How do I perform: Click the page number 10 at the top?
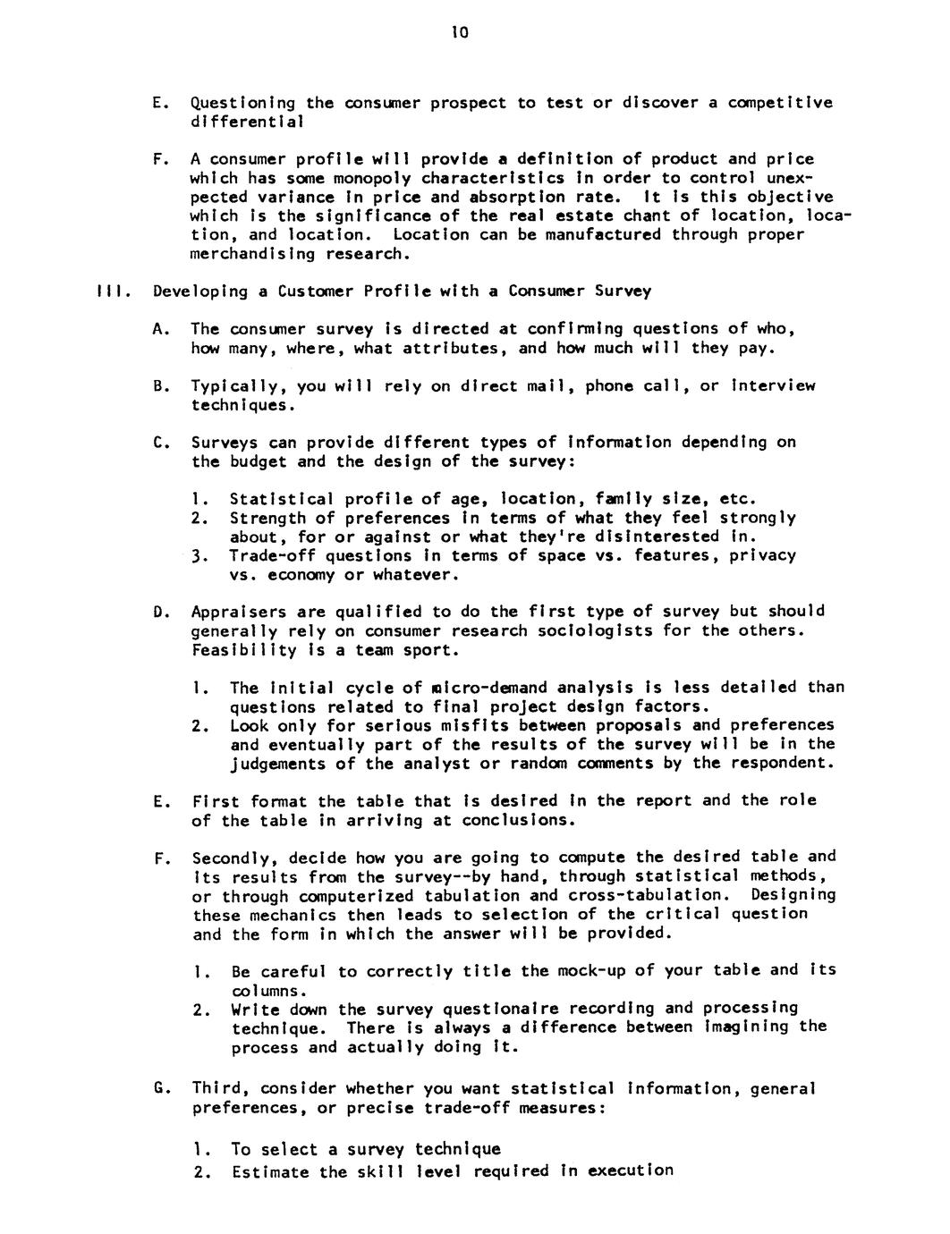click(x=460, y=33)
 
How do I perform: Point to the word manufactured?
click(x=604, y=234)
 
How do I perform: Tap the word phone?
click(x=610, y=386)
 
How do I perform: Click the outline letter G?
click(x=159, y=1089)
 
